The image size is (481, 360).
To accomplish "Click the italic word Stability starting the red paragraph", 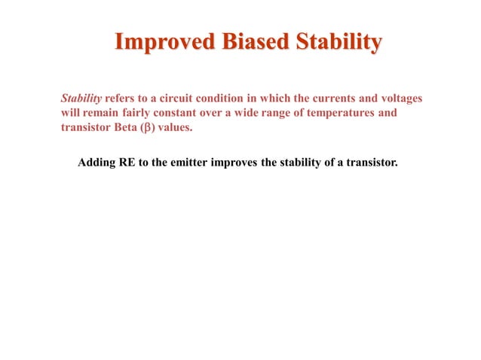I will (x=81, y=99).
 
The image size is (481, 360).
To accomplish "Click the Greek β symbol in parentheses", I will (x=152, y=127).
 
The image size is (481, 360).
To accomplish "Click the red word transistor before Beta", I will (x=86, y=127).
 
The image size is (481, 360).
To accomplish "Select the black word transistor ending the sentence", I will (x=369, y=161).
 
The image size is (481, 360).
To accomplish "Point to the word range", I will (x=284, y=113).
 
